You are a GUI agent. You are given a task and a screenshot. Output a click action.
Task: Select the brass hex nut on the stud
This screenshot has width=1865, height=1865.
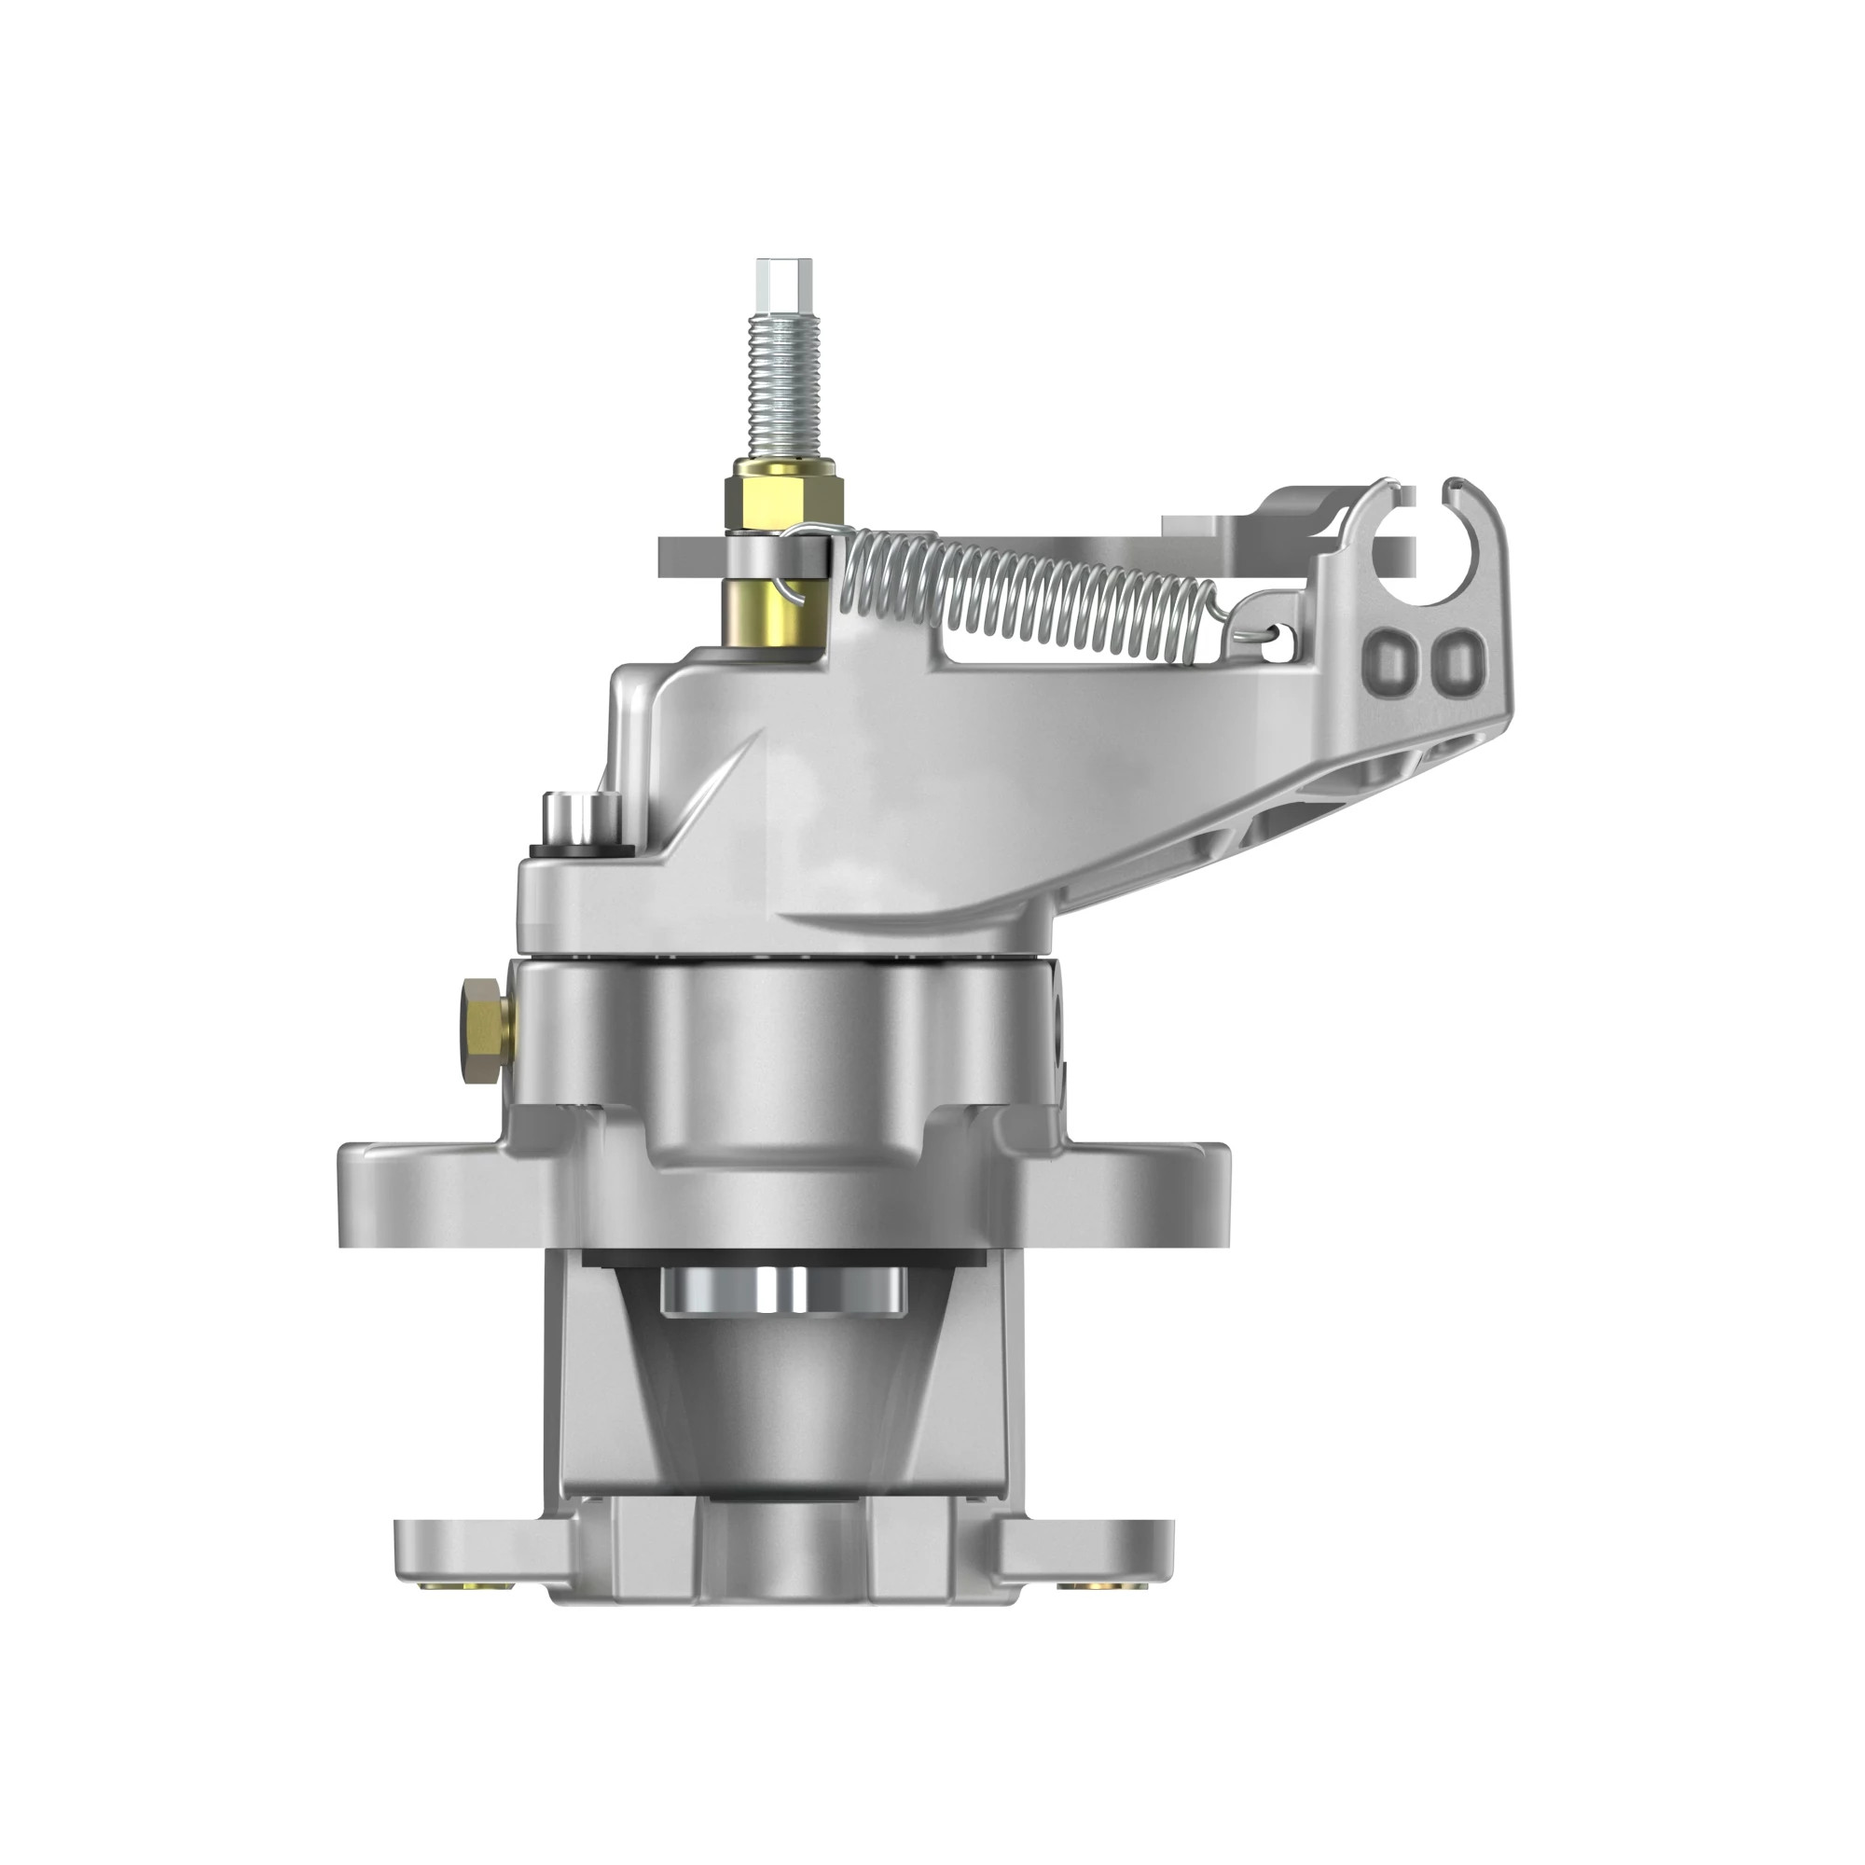(787, 493)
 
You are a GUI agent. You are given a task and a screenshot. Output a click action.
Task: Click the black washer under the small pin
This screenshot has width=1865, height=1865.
(580, 850)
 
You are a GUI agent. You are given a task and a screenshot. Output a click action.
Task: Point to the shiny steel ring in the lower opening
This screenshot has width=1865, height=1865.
(783, 1292)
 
